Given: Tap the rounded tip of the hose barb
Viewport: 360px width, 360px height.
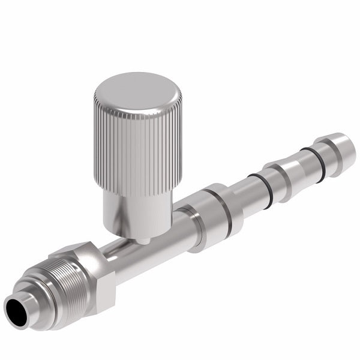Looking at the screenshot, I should (x=342, y=150).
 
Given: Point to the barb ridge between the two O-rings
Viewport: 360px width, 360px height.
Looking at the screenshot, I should (x=285, y=174).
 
